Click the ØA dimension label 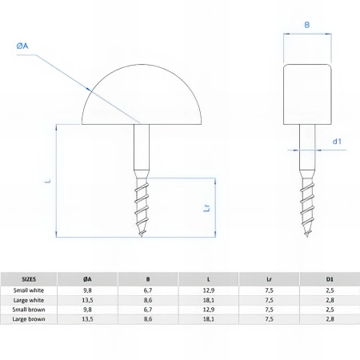22,46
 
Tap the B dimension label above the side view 307,25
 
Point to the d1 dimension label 337,142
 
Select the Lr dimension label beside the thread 207,208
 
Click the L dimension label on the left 47,181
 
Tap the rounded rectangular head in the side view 307,94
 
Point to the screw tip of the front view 142,236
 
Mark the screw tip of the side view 307,236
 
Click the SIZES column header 29,279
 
